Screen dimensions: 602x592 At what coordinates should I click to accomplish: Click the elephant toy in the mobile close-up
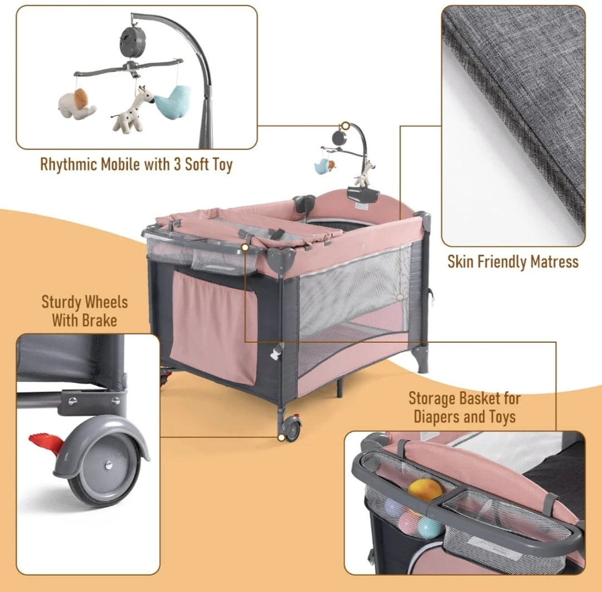77,104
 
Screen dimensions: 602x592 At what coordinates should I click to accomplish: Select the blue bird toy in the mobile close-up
173,100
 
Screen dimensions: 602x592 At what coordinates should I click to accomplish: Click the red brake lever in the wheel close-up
47,443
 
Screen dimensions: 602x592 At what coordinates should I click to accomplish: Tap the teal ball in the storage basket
429,527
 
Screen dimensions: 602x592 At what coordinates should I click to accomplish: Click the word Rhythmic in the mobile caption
69,164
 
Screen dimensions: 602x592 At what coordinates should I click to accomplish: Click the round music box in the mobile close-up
133,38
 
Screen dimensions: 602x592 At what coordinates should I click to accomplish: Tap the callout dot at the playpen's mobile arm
346,125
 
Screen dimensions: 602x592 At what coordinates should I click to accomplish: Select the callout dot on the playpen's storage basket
245,248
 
